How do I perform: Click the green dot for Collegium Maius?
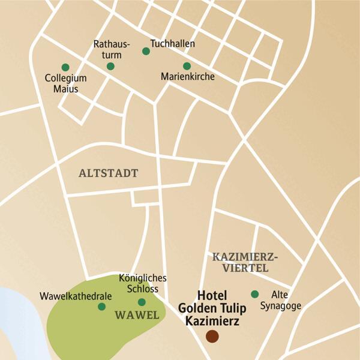pos(65,67)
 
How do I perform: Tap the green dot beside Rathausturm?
pos(110,67)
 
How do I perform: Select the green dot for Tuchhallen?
pos(146,51)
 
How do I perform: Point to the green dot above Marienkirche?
pos(187,66)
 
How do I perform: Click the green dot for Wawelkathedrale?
pos(101,307)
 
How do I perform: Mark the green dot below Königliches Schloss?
pos(142,302)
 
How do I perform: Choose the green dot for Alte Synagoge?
pos(254,294)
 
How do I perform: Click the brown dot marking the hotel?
pos(212,337)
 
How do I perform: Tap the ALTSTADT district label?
pos(108,173)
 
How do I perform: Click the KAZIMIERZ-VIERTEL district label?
pos(245,263)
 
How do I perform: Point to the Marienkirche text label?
pos(188,77)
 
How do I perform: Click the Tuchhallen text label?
pos(173,44)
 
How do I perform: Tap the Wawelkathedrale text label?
pos(68,296)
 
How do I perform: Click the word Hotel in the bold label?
pos(214,296)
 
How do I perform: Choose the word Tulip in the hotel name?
pos(230,308)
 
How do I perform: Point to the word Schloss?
pos(142,289)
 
